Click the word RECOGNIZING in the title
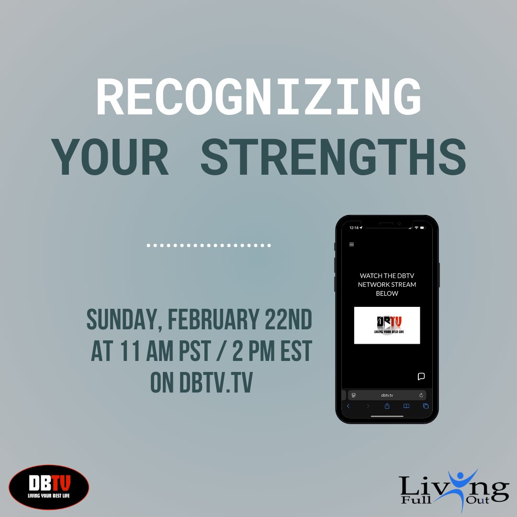258,98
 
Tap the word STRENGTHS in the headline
333,157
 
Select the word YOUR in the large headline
110,157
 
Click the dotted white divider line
209,246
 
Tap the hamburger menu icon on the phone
352,245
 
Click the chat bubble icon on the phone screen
421,376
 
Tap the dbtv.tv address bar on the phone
387,395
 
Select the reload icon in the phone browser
421,395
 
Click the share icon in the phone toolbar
387,406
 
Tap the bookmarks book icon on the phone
406,406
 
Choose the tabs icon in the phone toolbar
426,406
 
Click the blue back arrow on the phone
348,406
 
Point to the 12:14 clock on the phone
354,228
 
